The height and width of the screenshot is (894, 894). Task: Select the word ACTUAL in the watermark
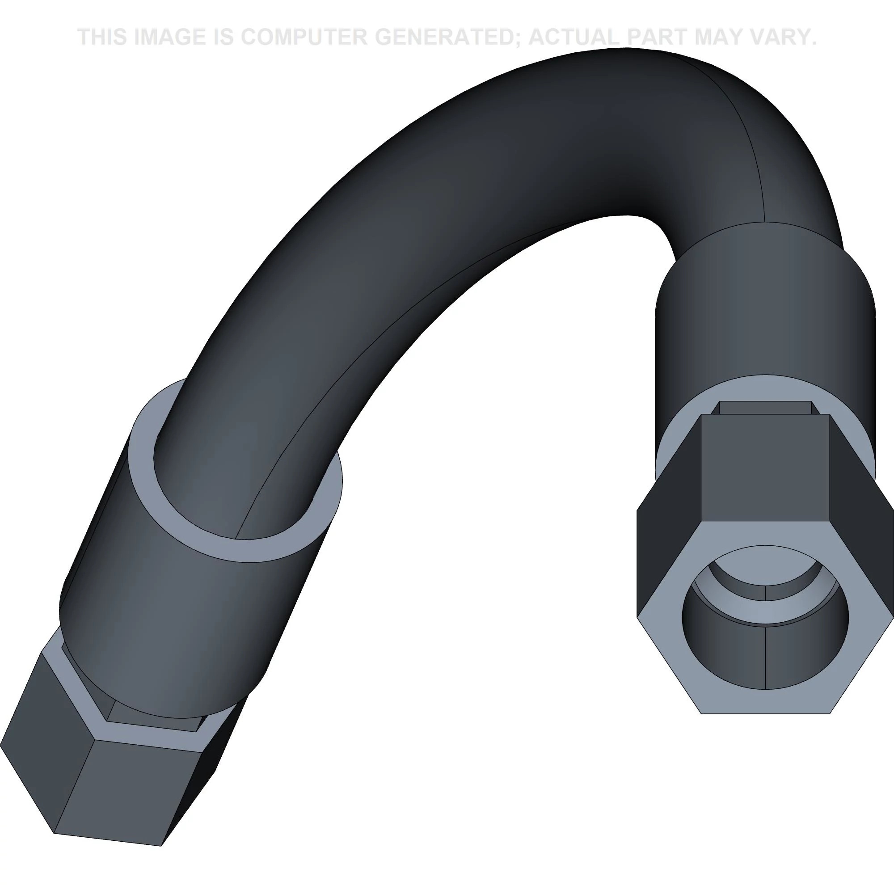[x=574, y=37]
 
